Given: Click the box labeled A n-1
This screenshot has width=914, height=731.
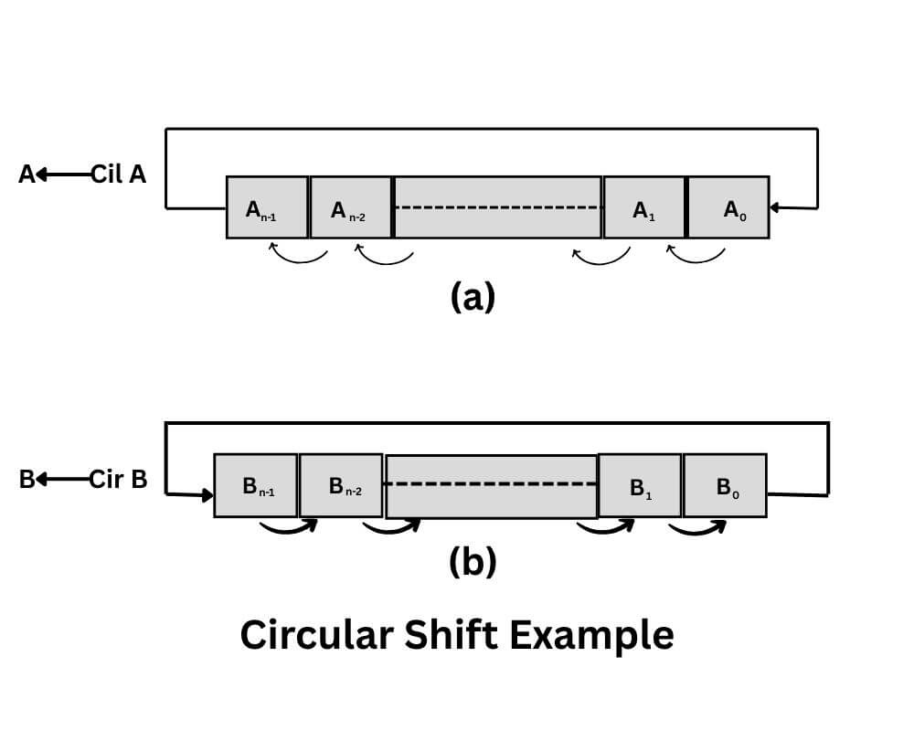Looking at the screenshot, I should pyautogui.click(x=267, y=207).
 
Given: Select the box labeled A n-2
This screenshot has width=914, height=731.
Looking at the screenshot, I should pyautogui.click(x=351, y=207).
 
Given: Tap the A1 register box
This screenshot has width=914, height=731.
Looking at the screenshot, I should pyautogui.click(x=643, y=207).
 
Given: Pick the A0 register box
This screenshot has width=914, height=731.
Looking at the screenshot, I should pyautogui.click(x=728, y=207).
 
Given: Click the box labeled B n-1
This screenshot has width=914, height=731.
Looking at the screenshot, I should pyautogui.click(x=255, y=485).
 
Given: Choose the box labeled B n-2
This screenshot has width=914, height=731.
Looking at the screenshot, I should pyautogui.click(x=341, y=485).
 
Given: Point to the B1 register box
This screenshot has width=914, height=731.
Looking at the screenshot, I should pyautogui.click(x=639, y=485).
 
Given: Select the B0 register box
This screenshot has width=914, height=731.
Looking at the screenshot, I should pyautogui.click(x=725, y=485).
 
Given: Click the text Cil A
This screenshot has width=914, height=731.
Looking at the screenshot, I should pyautogui.click(x=118, y=175).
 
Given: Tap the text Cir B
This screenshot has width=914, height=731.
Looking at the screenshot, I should pyautogui.click(x=118, y=479).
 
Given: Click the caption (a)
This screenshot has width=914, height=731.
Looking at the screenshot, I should pyautogui.click(x=473, y=297).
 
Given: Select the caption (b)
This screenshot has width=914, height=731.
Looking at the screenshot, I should pyautogui.click(x=473, y=562).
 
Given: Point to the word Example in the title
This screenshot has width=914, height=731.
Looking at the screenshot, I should pyautogui.click(x=591, y=634).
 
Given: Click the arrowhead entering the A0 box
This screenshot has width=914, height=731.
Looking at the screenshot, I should pyautogui.click(x=774, y=207).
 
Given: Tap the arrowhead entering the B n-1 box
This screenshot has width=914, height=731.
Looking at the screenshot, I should pyautogui.click(x=208, y=495).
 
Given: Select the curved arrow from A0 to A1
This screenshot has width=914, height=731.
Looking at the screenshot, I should pyautogui.click(x=696, y=255).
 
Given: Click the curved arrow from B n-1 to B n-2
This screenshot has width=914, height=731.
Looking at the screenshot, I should pyautogui.click(x=288, y=527).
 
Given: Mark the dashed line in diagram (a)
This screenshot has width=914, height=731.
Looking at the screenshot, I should pyautogui.click(x=498, y=207).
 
